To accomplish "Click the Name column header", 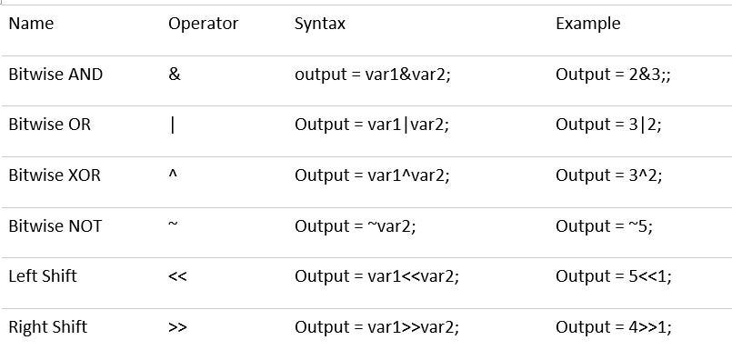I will (x=31, y=24).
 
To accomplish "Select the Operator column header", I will (x=203, y=24).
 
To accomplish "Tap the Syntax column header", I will (x=320, y=24).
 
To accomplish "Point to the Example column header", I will (x=587, y=24).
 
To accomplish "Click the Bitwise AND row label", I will (x=55, y=75).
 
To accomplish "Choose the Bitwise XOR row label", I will (x=55, y=175).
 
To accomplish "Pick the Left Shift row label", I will (x=43, y=276).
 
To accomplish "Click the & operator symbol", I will (x=175, y=75).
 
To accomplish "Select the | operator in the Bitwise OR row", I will (x=172, y=125).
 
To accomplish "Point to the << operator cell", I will (x=177, y=277).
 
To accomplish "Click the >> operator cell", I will (x=177, y=328).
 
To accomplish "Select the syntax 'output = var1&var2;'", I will (x=373, y=75).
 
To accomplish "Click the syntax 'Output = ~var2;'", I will (x=356, y=226).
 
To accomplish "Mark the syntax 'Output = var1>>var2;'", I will (x=376, y=327).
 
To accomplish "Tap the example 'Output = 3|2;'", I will (x=608, y=125).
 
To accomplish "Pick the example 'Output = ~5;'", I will (x=604, y=226).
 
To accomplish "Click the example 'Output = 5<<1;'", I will (x=614, y=276).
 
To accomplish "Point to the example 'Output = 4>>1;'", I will (x=614, y=327).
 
